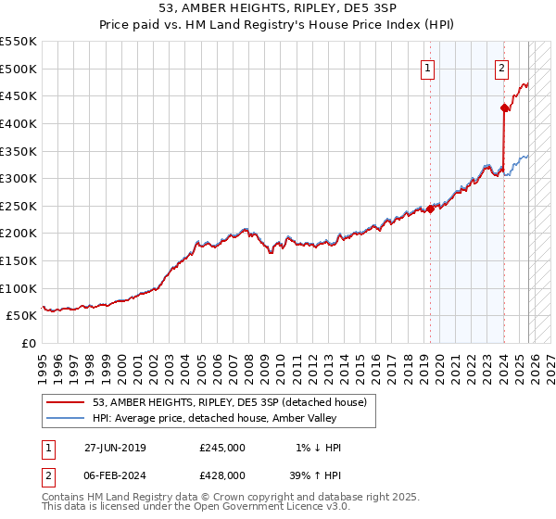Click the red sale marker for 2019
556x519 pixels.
tap(431, 209)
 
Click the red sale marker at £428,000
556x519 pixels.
tap(504, 108)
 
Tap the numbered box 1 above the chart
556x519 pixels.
tap(428, 67)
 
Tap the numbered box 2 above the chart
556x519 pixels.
tap(501, 67)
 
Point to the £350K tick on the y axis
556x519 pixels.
tap(19, 151)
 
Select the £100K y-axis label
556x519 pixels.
tap(19, 288)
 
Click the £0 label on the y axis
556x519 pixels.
tap(30, 343)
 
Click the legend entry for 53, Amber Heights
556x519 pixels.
tap(230, 402)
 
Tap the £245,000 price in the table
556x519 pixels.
tap(221, 448)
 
